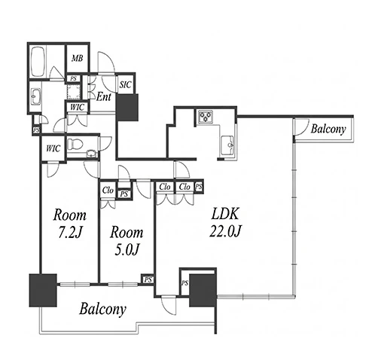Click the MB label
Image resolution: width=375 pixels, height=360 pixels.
coord(77,59)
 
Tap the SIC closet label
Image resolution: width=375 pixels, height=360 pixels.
coord(125,84)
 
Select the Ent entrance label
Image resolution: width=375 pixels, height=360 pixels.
coord(104,96)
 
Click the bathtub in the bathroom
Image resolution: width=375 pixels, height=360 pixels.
coord(38,62)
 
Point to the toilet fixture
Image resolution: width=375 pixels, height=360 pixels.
coord(75,144)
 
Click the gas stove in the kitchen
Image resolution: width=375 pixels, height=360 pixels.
coord(206,117)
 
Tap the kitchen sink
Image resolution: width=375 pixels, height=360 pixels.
coord(227,145)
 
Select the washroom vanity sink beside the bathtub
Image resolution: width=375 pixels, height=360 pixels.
coord(35,96)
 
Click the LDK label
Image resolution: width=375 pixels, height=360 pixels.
coord(224,214)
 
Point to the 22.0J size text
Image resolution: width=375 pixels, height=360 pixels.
coord(225,231)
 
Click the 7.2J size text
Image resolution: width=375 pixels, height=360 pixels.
coord(70,233)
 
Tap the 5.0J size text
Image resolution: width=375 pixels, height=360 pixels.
coord(127,250)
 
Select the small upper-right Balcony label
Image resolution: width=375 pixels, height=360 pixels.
coord(328,129)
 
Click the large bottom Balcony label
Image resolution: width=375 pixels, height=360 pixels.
coord(102,309)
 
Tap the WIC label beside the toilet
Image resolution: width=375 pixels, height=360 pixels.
coord(53,148)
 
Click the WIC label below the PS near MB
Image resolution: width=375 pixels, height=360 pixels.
coord(77,107)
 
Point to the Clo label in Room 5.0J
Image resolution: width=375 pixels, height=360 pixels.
coord(108,191)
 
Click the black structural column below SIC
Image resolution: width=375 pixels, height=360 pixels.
coord(127,107)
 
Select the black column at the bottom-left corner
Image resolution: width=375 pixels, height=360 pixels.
coord(43,290)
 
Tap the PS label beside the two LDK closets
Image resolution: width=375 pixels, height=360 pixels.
coord(199,187)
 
